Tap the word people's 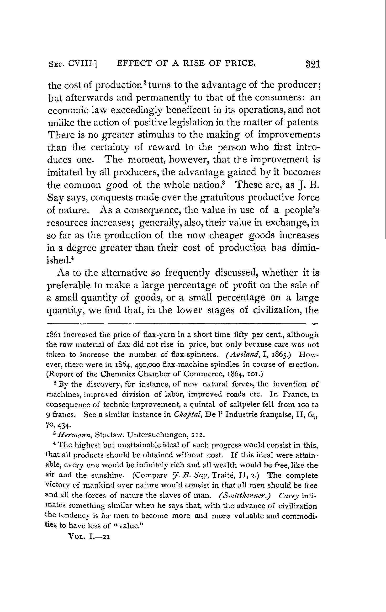[302, 210]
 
